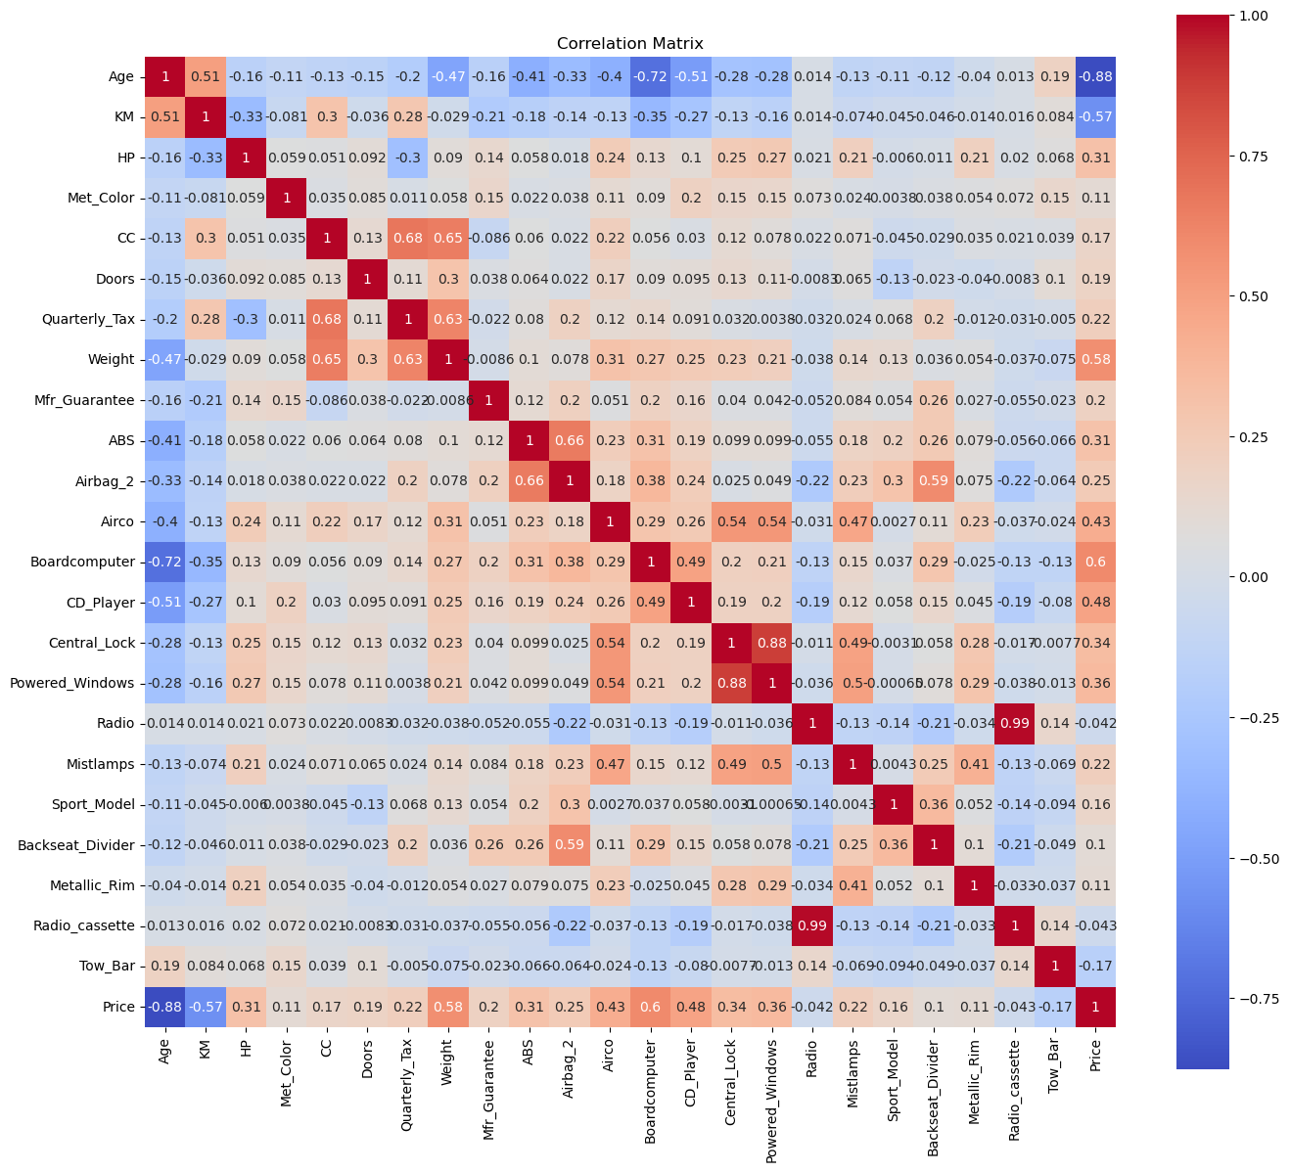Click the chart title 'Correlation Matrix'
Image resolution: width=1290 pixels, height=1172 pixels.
coord(629,44)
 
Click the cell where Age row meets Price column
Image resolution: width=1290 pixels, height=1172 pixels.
coord(1095,76)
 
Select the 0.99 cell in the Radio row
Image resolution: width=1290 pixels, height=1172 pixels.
coord(1015,723)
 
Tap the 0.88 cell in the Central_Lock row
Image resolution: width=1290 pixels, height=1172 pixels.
coord(771,642)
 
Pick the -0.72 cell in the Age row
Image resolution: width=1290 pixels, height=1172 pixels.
coord(650,76)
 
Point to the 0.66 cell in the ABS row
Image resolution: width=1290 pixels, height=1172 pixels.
coord(570,440)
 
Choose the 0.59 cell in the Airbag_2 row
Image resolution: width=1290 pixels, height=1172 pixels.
coord(934,480)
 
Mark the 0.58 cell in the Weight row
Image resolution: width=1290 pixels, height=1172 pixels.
coord(1095,359)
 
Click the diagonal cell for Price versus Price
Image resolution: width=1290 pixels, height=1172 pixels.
coord(1095,1007)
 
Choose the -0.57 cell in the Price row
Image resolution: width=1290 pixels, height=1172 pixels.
coord(206,1007)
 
